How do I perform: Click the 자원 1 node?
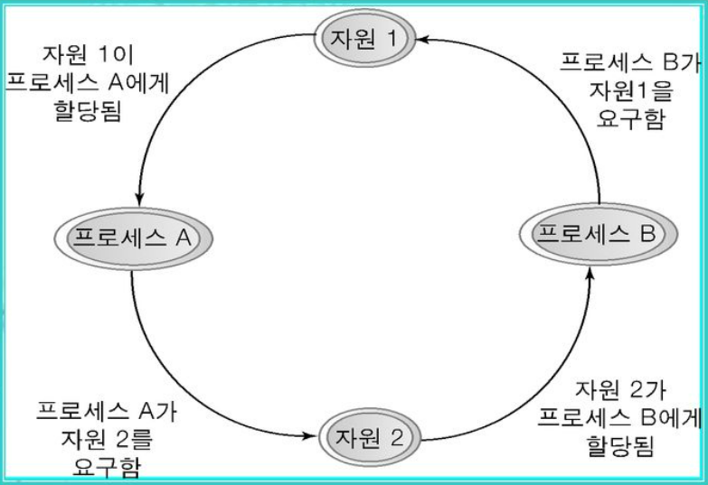(x=362, y=38)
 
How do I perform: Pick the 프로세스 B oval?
(x=596, y=235)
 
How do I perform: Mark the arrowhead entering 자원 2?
(x=314, y=439)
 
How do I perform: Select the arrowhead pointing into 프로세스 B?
(x=590, y=275)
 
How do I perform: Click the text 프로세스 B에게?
(x=619, y=417)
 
